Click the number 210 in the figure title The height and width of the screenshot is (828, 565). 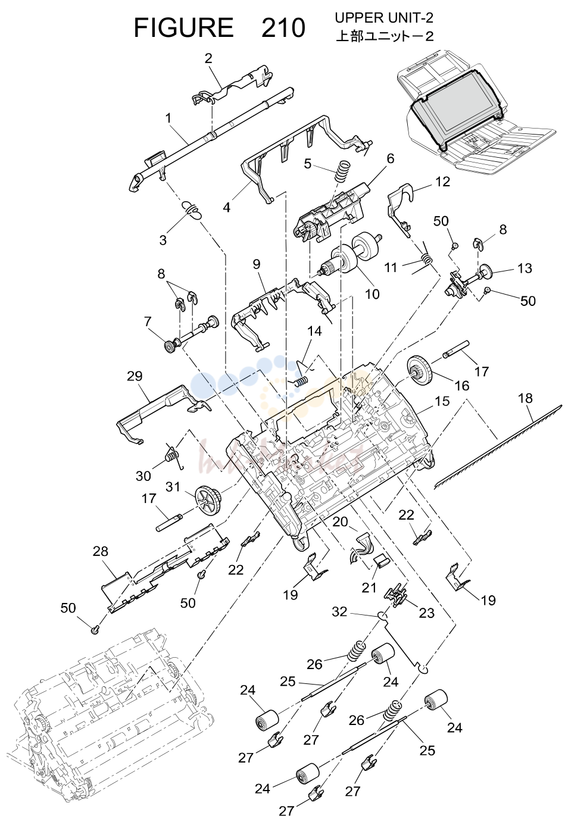point(283,29)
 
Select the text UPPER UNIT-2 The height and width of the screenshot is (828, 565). point(384,17)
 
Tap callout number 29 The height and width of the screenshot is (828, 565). point(134,376)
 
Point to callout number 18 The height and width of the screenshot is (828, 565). point(525,398)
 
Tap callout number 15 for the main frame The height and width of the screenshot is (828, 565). point(442,401)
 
